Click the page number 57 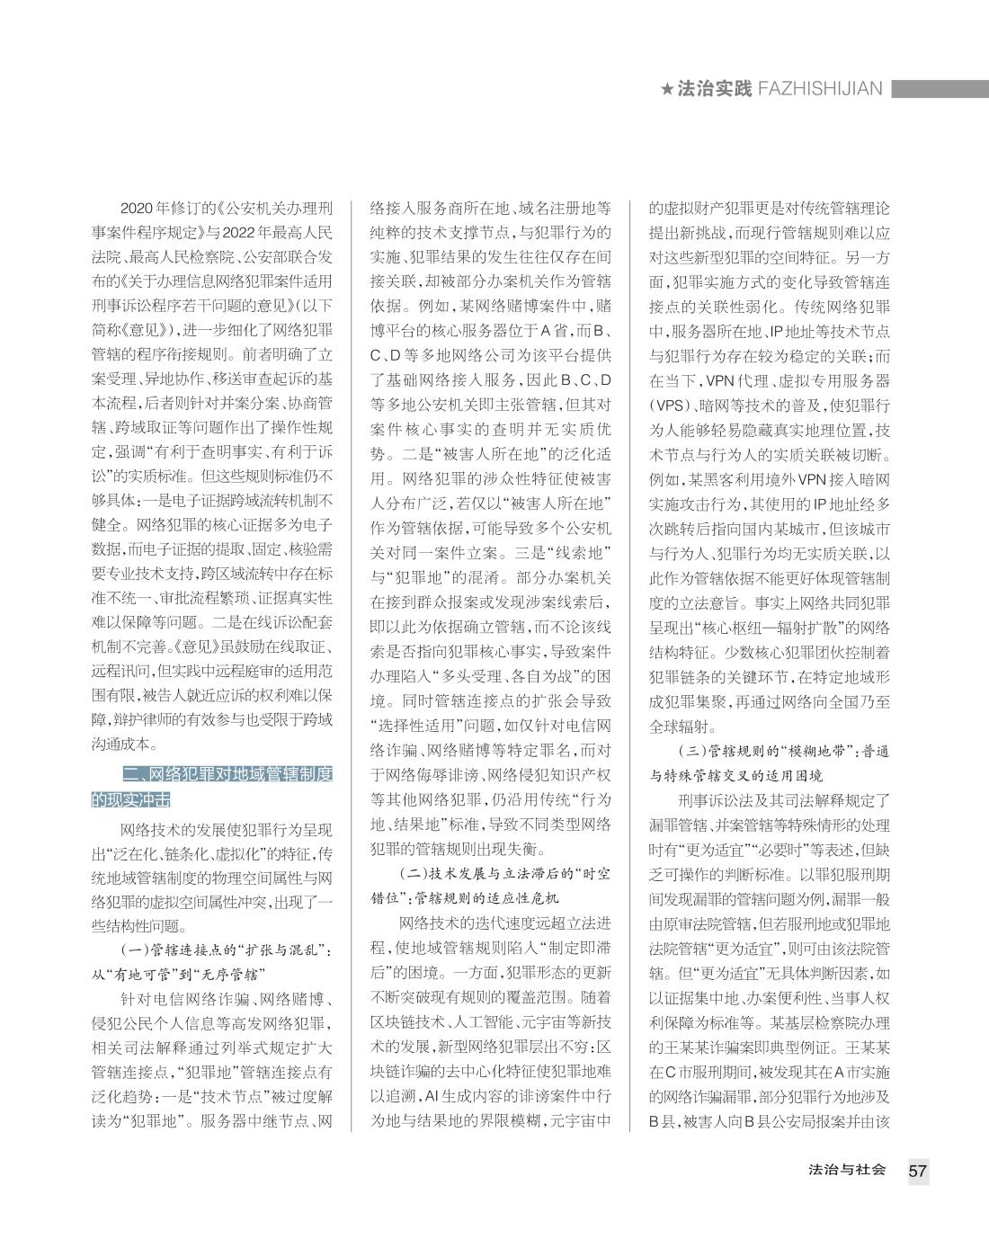pos(917,1171)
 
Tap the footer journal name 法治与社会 pos(848,1170)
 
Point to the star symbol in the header pos(666,89)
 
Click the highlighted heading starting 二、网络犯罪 pos(212,787)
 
